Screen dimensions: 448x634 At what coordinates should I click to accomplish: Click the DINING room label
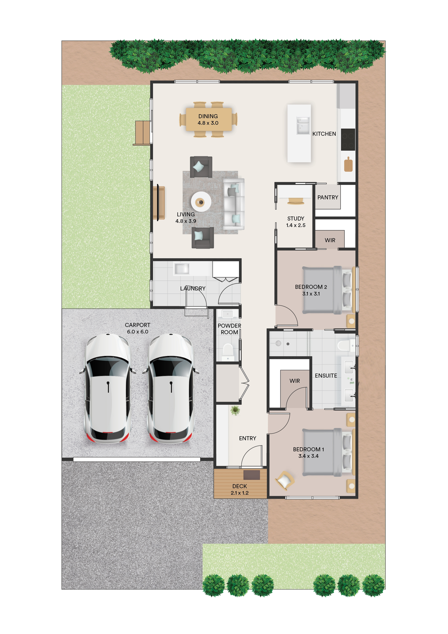click(208, 116)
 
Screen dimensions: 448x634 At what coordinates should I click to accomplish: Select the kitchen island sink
click(303, 125)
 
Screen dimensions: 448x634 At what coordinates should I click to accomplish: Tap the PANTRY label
click(328, 197)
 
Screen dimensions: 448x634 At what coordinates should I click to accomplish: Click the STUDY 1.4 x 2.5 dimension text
click(296, 225)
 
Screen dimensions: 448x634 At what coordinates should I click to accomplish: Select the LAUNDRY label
click(193, 289)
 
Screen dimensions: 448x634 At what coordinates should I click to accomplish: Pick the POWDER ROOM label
click(229, 329)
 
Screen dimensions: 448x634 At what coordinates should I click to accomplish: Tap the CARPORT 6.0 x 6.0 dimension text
click(137, 332)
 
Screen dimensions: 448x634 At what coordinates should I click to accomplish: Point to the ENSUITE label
click(326, 376)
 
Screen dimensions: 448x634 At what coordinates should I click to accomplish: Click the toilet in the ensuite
click(345, 345)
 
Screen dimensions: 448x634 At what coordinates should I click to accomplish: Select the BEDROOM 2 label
click(311, 287)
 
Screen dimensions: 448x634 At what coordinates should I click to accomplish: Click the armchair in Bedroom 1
click(285, 481)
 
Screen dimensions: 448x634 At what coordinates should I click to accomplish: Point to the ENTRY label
click(248, 438)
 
